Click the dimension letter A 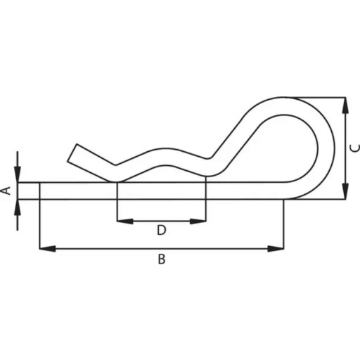pos(8,191)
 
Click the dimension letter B pos(162,259)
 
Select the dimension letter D pos(162,230)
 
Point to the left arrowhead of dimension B pos(48,248)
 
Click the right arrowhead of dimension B pos(276,248)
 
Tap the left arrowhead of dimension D pos(125,221)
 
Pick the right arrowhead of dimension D pos(198,221)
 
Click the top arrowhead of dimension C pos(345,105)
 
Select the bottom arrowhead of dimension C pos(345,191)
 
